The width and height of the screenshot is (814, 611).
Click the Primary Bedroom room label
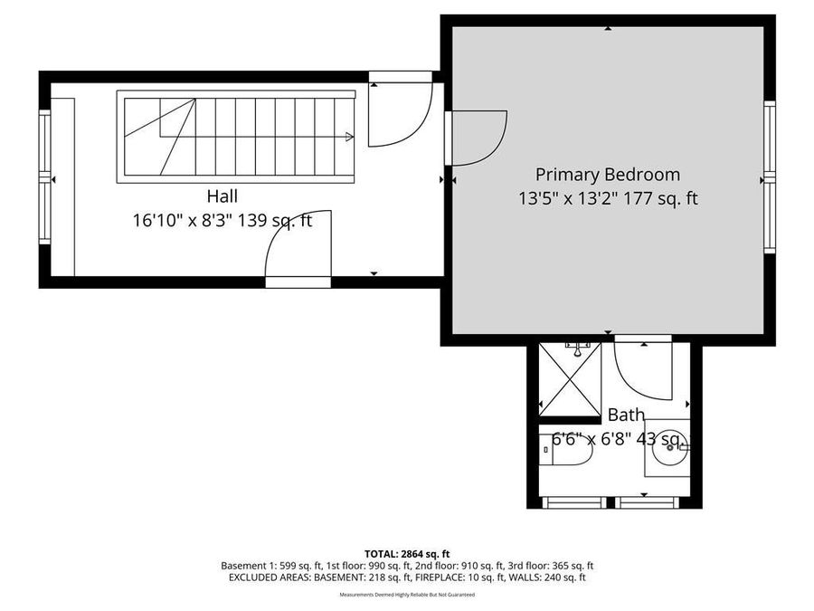(607, 175)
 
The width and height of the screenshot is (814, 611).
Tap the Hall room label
(222, 196)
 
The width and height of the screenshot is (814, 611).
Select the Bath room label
(626, 415)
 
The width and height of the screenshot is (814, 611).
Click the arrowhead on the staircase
(349, 137)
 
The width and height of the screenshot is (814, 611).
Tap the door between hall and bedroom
(477, 138)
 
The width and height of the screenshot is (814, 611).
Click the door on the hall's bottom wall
(298, 248)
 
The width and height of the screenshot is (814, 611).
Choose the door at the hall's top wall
(400, 114)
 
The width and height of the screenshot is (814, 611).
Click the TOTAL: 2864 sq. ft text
(407, 552)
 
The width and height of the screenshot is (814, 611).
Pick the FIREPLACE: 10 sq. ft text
(487, 577)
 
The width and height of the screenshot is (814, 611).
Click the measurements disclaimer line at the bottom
(407, 595)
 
